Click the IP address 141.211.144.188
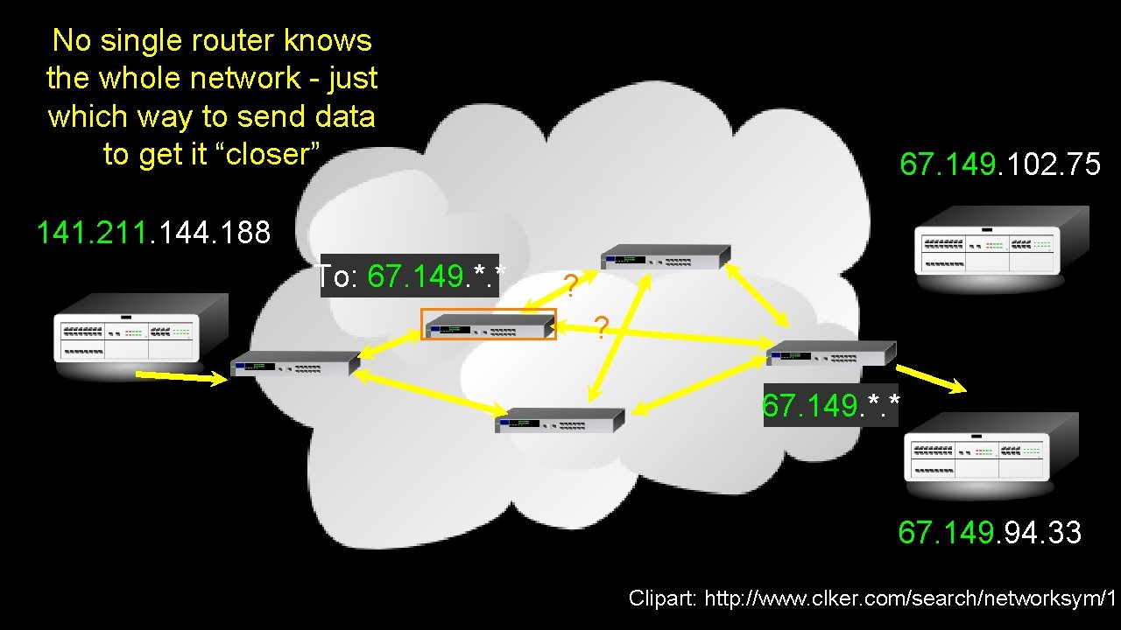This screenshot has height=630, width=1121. coord(153,233)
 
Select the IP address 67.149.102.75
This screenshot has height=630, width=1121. coord(1000,164)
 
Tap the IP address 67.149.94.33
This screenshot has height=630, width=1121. coord(990,532)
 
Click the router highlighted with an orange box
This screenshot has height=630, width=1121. coord(489,325)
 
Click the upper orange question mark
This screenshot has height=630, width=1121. coord(570,285)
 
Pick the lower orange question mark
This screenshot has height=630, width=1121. coord(601,327)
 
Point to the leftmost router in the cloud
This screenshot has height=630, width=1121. coord(295,362)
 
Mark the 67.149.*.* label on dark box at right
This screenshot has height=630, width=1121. coord(830,405)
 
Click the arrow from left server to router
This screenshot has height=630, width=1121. coord(182,377)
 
